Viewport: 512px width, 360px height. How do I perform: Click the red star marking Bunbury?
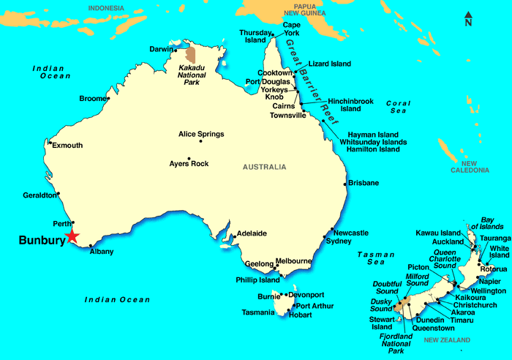point(72,236)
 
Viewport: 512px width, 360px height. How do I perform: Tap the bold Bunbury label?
point(41,240)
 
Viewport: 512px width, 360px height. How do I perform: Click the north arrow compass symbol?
point(468,18)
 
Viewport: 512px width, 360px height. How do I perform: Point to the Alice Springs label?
point(201,135)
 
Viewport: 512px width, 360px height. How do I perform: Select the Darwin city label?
point(160,50)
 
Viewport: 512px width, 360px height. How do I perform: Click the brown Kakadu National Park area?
point(191,54)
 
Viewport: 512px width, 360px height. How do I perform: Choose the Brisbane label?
point(364,182)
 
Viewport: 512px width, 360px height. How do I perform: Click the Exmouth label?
point(67,146)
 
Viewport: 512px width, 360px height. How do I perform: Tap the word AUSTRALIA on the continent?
point(265,167)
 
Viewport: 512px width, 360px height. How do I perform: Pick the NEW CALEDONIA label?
point(469,167)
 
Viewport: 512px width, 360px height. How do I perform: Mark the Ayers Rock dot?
point(189,159)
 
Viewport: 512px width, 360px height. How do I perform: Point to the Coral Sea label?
point(398,108)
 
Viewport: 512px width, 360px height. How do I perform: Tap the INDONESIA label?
point(106,8)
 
